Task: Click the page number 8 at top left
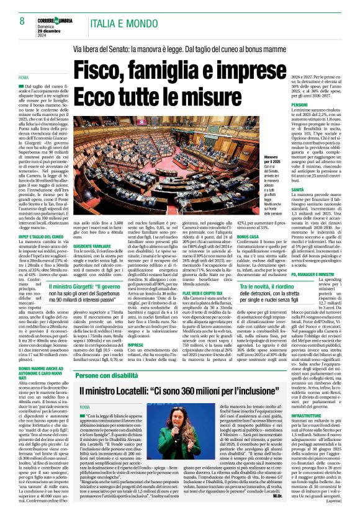tap(23, 20)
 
